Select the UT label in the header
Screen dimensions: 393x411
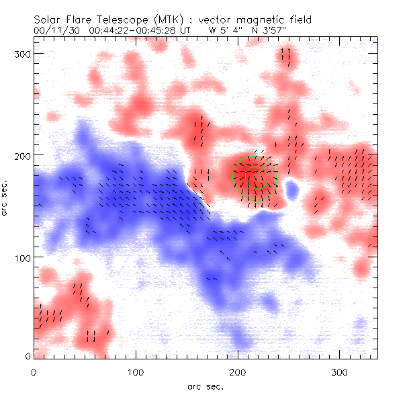click(191, 30)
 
